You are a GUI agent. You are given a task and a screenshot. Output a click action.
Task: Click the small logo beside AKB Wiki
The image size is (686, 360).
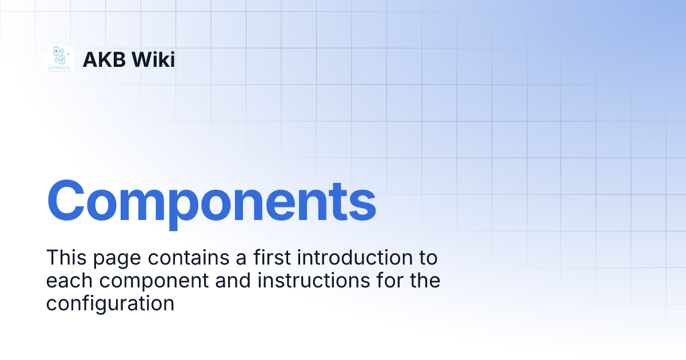tap(59, 59)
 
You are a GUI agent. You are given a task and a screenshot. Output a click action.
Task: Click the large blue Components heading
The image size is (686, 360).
tap(211, 201)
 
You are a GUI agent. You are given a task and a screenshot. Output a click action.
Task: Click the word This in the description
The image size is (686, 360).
tap(65, 258)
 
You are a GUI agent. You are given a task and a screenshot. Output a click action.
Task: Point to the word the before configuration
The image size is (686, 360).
tap(424, 281)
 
